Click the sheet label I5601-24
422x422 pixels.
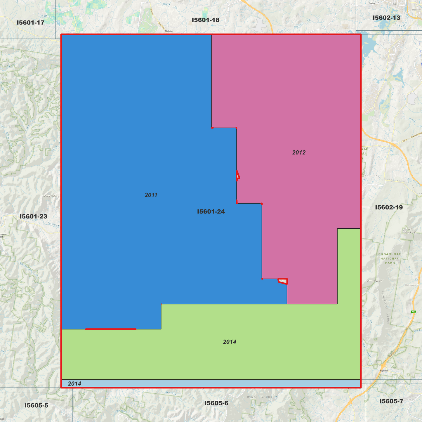click(211, 211)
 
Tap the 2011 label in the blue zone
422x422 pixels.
click(151, 195)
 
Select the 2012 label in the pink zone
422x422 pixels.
click(299, 152)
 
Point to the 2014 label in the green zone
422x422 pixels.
click(230, 342)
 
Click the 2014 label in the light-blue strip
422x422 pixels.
click(74, 383)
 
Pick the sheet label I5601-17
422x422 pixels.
click(30, 22)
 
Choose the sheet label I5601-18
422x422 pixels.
click(205, 20)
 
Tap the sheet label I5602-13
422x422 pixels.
click(386, 18)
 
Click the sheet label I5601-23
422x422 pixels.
click(33, 216)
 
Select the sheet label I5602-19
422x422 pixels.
click(389, 207)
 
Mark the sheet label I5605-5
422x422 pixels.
click(36, 405)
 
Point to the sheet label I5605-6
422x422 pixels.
click(216, 403)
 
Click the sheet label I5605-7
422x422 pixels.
click(391, 401)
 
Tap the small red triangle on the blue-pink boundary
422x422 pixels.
click(238, 176)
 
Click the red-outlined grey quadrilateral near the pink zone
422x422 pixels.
click(283, 281)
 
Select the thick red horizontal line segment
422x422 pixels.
click(111, 329)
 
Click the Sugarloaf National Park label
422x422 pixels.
click(390, 258)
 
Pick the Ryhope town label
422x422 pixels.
click(384, 371)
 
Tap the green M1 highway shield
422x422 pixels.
click(413, 312)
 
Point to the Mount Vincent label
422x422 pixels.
click(374, 281)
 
